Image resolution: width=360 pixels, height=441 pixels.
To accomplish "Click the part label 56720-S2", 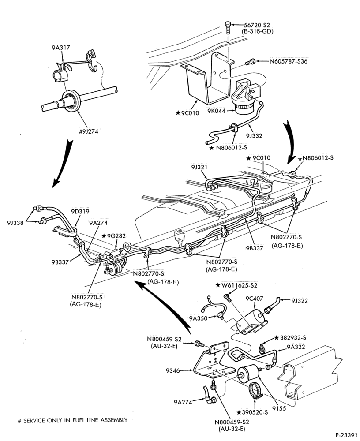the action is tap(256, 25).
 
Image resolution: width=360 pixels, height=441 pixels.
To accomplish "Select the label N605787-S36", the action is tap(288, 61).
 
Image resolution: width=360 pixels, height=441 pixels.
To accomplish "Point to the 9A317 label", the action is tap(60, 48).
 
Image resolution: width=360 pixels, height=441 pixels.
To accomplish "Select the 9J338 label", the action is tap(16, 222).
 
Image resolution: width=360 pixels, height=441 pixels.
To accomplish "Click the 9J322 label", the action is tap(300, 301).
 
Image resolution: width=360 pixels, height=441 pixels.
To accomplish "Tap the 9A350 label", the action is tap(198, 318).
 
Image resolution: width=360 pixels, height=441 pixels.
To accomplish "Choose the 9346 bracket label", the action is tap(172, 371).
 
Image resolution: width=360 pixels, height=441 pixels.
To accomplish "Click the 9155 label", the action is tap(279, 408).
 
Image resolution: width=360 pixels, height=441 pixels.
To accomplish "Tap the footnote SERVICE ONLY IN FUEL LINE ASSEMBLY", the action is tap(75, 420).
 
